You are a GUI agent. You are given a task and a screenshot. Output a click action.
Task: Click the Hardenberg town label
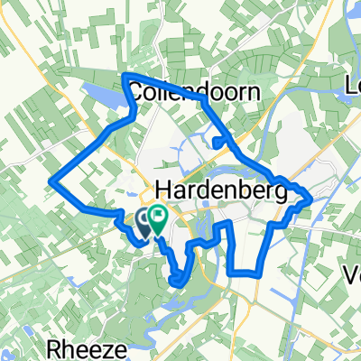click(221, 190)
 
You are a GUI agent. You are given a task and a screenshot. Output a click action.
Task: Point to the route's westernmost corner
click(50, 180)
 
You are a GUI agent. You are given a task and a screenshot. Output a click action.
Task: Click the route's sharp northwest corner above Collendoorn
click(124, 75)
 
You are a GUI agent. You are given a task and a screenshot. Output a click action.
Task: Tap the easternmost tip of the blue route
click(310, 195)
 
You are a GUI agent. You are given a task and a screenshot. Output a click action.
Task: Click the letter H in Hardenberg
click(163, 190)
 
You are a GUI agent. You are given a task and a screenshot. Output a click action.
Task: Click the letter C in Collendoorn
click(138, 91)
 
